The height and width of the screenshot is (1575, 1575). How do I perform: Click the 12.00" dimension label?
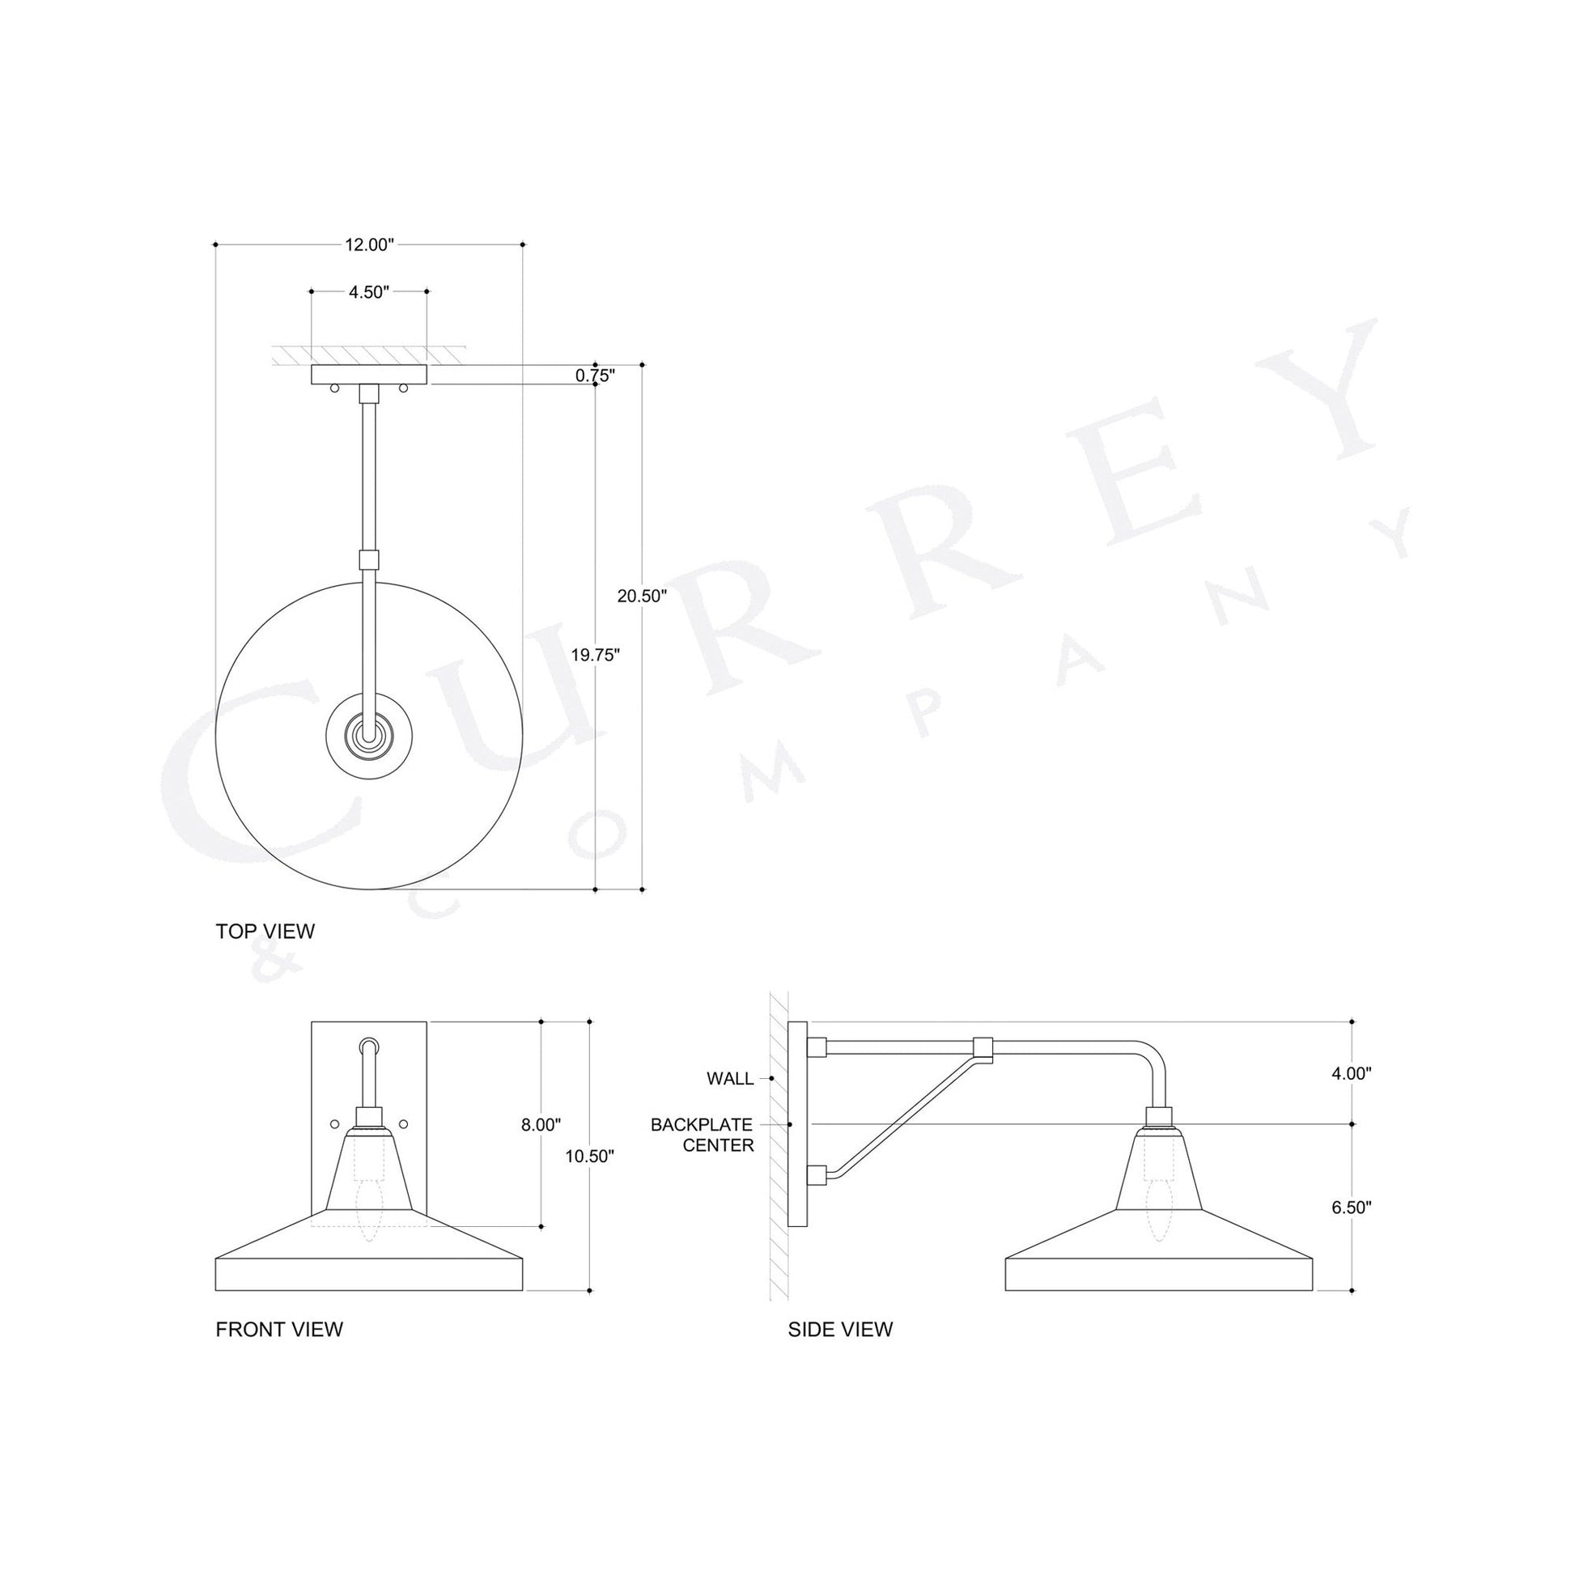368,244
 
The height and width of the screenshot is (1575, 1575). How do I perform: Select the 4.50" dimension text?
368,292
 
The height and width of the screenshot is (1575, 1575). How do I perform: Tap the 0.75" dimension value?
594,376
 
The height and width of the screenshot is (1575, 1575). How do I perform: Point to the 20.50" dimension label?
642,596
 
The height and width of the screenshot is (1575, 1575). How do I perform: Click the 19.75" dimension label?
595,655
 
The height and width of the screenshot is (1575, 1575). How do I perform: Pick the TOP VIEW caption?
265,932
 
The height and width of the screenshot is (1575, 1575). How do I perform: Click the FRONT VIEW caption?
278,1330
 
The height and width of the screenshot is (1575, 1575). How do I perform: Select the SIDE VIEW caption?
839,1330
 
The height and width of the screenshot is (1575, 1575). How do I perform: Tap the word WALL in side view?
729,1080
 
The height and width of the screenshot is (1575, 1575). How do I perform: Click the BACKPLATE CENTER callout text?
702,1136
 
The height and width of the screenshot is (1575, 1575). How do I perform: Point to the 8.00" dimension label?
541,1125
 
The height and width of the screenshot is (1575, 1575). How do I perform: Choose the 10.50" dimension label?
588,1156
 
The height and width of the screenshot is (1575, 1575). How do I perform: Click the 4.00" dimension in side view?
1352,1075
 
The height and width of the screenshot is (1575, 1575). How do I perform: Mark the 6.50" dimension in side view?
1352,1208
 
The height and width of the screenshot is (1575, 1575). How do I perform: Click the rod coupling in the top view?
369,560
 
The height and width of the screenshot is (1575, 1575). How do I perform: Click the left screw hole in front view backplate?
333,1124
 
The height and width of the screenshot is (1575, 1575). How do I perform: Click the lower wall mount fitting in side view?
817,1174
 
